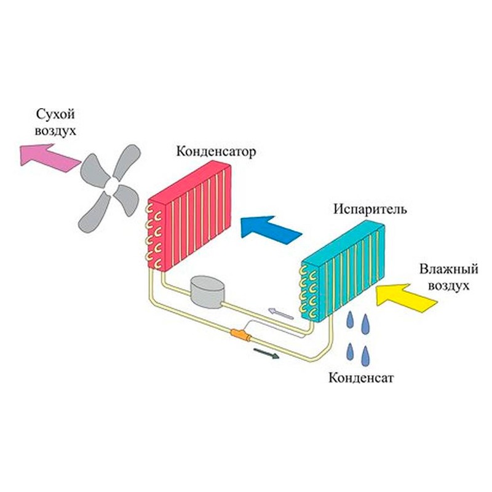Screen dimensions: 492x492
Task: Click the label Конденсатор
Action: pyautogui.click(x=215, y=151)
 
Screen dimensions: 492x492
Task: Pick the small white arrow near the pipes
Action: pyautogui.click(x=281, y=314)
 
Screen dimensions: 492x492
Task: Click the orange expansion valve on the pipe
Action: pyautogui.click(x=239, y=335)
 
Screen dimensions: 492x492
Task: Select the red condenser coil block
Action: pyautogui.click(x=191, y=215)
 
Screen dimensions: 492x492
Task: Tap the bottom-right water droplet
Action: pyautogui.click(x=367, y=352)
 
